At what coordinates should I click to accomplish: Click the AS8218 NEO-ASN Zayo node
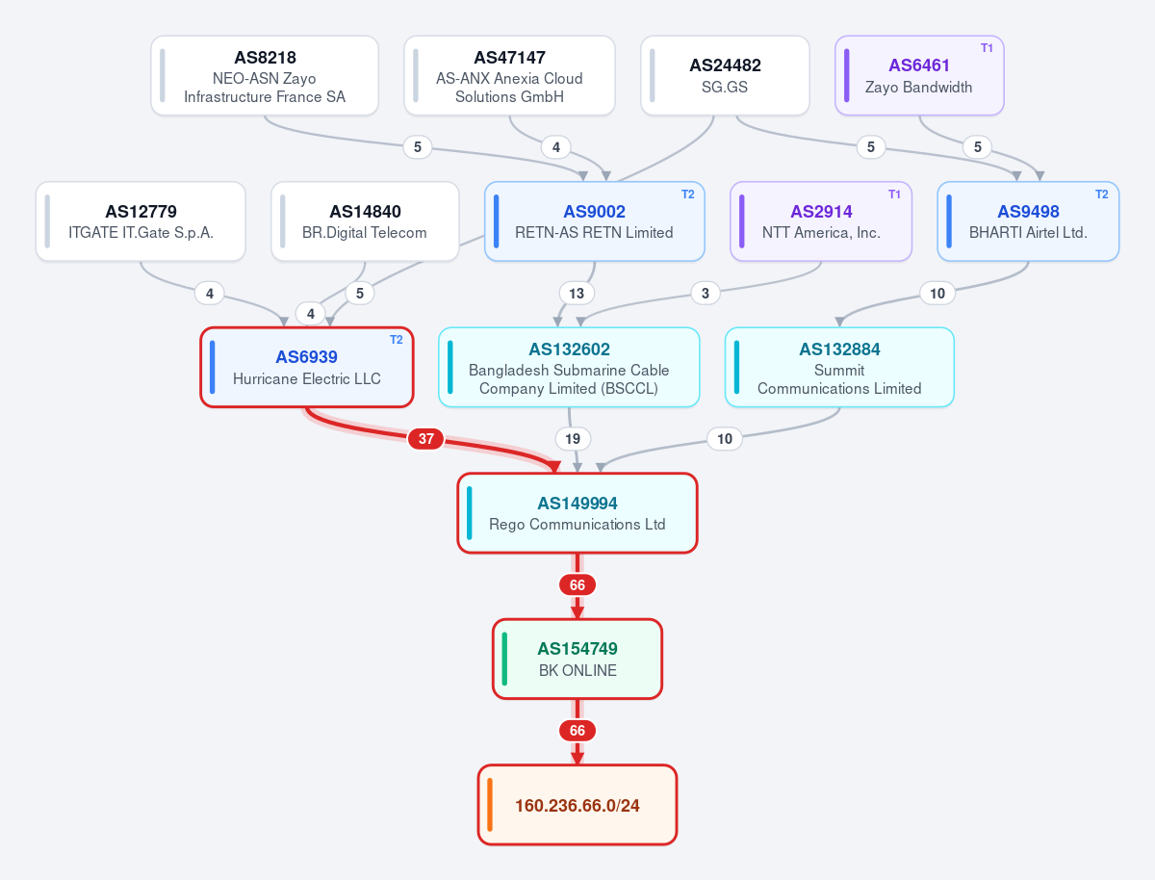265,76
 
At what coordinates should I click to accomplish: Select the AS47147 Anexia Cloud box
509,76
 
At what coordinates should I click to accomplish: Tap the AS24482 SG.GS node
725,76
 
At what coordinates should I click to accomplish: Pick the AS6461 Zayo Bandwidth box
919,76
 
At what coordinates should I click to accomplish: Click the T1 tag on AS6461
987,48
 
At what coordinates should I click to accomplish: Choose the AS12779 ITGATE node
141,221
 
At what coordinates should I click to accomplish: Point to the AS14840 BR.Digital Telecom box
365,221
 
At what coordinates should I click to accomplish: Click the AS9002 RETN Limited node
595,221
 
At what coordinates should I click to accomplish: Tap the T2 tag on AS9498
1101,194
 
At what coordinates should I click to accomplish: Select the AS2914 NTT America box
821,221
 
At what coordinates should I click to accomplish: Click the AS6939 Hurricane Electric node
307,368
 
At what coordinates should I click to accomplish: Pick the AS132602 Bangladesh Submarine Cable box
569,368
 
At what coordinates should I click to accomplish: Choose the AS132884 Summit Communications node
839,368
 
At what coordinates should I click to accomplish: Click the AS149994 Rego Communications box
577,513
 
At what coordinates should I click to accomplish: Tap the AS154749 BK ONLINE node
577,659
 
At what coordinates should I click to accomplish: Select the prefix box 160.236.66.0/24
577,805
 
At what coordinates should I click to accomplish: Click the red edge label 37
425,438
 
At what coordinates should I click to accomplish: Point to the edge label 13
577,293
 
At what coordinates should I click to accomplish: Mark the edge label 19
573,438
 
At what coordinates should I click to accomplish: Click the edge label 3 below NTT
706,293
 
